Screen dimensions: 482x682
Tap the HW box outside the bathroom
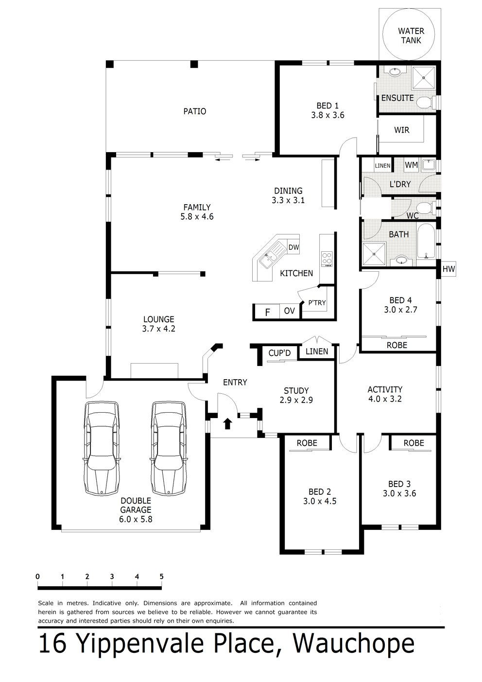(448, 269)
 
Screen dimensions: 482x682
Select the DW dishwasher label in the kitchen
(293, 247)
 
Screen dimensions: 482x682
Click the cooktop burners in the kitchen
(327, 259)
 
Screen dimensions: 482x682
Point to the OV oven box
(290, 311)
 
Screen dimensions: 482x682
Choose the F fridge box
(267, 312)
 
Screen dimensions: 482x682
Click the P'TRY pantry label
(317, 303)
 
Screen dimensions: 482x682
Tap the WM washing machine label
(411, 165)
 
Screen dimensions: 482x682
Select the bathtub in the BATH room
(426, 242)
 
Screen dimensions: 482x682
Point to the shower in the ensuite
(424, 78)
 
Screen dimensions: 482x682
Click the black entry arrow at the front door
(227, 423)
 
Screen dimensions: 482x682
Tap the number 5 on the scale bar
(162, 577)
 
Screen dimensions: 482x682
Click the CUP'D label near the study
(279, 353)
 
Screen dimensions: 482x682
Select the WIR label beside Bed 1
(402, 130)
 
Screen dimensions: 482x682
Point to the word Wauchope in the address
(354, 644)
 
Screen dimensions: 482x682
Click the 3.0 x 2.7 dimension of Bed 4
(400, 310)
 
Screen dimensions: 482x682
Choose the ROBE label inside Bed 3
(413, 443)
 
